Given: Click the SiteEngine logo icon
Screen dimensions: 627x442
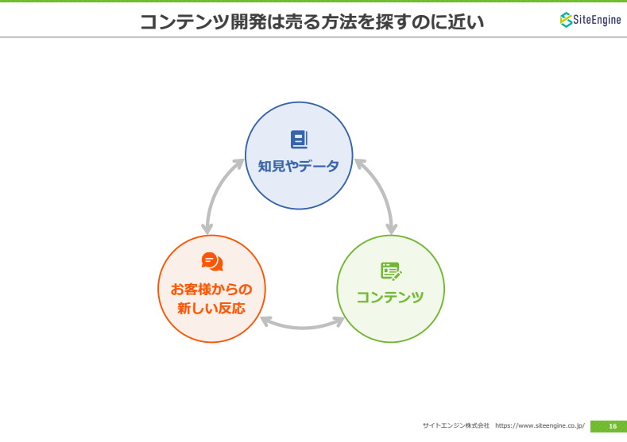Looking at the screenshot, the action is tap(566, 20).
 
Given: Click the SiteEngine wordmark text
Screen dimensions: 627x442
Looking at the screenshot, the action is tap(597, 20).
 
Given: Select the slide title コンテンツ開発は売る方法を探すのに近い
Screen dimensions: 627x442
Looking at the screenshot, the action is tap(312, 21).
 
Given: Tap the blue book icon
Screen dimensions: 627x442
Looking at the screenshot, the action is tap(299, 140).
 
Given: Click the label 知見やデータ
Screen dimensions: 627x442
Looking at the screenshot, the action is tap(299, 166).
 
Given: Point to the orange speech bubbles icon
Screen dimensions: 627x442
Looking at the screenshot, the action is tap(212, 262).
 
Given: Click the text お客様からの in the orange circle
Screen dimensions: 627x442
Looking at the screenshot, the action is tap(211, 289).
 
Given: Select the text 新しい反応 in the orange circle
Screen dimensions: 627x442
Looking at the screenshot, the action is tap(211, 308).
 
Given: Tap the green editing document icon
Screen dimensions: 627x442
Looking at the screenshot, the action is tap(391, 271).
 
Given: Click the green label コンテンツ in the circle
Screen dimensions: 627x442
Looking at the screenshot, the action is tap(390, 297).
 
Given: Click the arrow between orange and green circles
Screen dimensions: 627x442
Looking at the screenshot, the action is tap(302, 327).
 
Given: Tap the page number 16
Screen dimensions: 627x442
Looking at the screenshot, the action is tap(613, 426).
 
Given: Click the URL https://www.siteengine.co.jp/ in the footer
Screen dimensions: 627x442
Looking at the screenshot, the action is tap(540, 425).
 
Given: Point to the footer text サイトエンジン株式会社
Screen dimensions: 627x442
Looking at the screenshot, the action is tap(456, 425).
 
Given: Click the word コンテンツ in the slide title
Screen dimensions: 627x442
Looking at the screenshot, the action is tap(184, 21).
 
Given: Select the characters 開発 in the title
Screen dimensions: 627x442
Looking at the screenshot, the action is tap(248, 21).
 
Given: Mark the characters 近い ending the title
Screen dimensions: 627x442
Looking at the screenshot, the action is tap(466, 21).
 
